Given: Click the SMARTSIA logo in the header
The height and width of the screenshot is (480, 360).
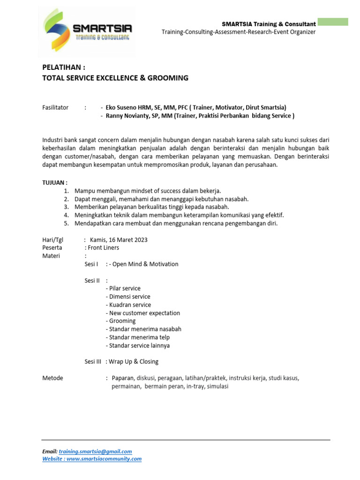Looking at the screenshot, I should pyautogui.click(x=87, y=29).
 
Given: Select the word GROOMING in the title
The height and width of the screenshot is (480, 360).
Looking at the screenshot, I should pyautogui.click(x=167, y=78).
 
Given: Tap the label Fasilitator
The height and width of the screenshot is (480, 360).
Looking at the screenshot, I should pyautogui.click(x=55, y=107).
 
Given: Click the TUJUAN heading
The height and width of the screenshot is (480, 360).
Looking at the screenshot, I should pyautogui.click(x=55, y=182).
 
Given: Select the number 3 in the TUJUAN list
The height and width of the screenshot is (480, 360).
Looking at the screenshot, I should pyautogui.click(x=67, y=207).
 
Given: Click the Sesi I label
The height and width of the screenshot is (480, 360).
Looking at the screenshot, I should pyautogui.click(x=91, y=264).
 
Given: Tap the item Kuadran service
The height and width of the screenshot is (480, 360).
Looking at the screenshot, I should pyautogui.click(x=130, y=305).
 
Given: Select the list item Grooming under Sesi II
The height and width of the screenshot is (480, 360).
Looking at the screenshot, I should pyautogui.click(x=122, y=321).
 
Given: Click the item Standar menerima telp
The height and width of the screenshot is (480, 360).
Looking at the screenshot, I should pyautogui.click(x=139, y=337).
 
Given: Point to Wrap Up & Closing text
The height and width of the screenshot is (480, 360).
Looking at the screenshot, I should pyautogui.click(x=134, y=361).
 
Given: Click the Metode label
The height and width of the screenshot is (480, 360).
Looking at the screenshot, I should pyautogui.click(x=52, y=378).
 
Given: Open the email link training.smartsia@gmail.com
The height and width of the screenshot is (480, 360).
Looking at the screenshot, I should pyautogui.click(x=95, y=451).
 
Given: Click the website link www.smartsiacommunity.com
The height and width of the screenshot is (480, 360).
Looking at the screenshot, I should pyautogui.click(x=104, y=459).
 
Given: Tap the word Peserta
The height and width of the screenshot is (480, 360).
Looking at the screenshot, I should pyautogui.click(x=52, y=247).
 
